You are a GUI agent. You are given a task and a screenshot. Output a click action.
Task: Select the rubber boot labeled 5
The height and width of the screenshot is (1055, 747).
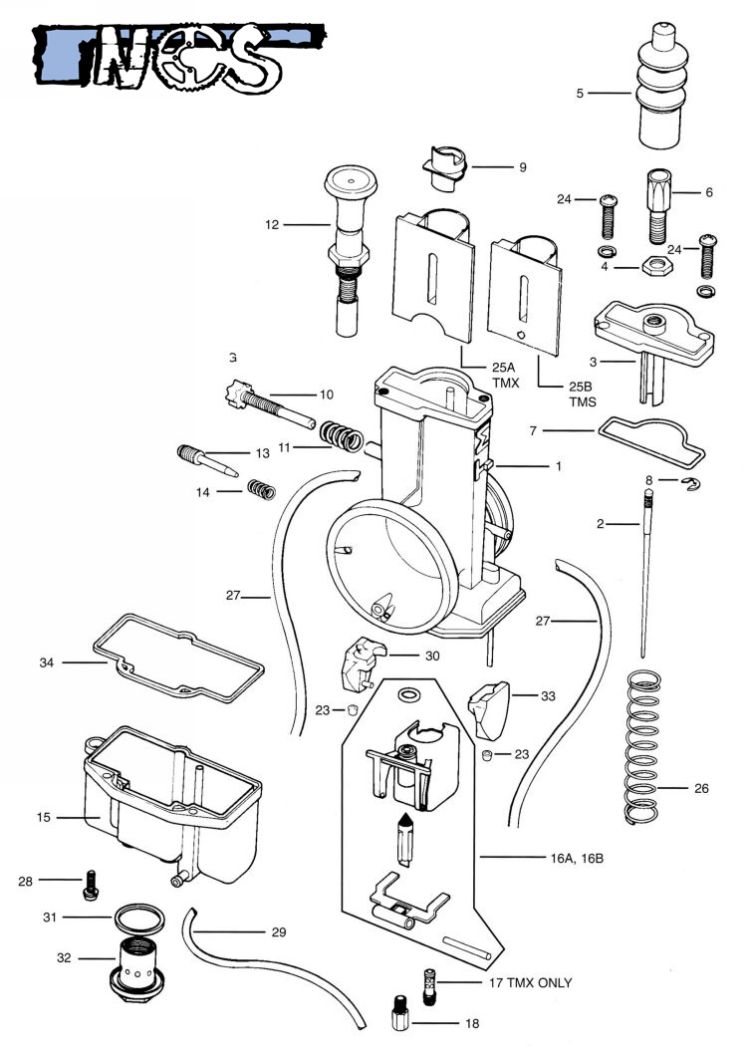point(661,85)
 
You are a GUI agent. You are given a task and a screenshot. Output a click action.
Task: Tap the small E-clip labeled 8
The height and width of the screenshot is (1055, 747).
point(690,484)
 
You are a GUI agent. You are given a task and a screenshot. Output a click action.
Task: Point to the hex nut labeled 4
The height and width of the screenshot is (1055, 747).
point(656,266)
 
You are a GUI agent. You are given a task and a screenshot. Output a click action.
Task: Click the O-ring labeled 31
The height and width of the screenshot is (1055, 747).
point(139,919)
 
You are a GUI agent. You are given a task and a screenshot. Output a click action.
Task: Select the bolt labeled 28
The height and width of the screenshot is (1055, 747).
point(91,885)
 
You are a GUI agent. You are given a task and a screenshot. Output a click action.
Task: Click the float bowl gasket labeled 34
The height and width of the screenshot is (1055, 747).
point(178,659)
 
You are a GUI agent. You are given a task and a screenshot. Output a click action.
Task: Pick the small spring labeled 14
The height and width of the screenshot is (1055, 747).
point(262,490)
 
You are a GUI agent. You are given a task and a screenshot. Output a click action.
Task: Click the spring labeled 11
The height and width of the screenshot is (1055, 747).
point(341,436)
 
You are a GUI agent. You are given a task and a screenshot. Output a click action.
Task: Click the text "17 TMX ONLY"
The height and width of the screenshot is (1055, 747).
point(530,983)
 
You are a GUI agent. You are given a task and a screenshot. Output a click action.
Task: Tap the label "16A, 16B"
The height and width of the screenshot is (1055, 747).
point(577,859)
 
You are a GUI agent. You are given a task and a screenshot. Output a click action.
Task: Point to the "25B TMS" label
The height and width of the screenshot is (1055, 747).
point(583,395)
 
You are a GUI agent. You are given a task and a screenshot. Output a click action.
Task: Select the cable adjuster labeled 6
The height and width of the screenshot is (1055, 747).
point(658,206)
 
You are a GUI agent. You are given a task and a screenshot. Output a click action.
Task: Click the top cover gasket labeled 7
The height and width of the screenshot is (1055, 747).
point(652,442)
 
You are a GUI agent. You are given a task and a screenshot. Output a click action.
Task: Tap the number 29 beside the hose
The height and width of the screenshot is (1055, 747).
point(279,932)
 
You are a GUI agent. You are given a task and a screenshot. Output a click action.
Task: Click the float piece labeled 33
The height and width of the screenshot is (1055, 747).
point(490,710)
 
